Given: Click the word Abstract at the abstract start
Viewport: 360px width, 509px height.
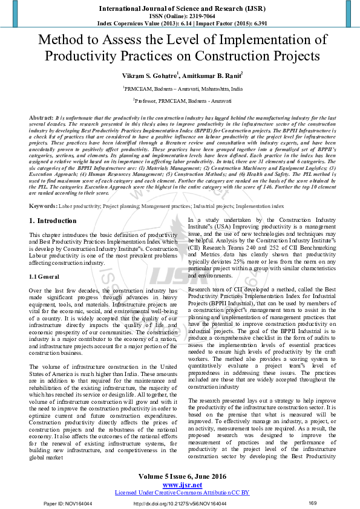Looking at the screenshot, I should coord(41,115).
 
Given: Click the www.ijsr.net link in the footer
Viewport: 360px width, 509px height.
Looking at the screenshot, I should coord(182,485).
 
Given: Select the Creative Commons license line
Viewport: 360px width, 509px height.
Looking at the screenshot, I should coord(182,493).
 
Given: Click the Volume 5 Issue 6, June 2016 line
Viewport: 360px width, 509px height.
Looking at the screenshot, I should coord(182,476).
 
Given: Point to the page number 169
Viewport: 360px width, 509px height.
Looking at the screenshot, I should coord(313,503).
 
